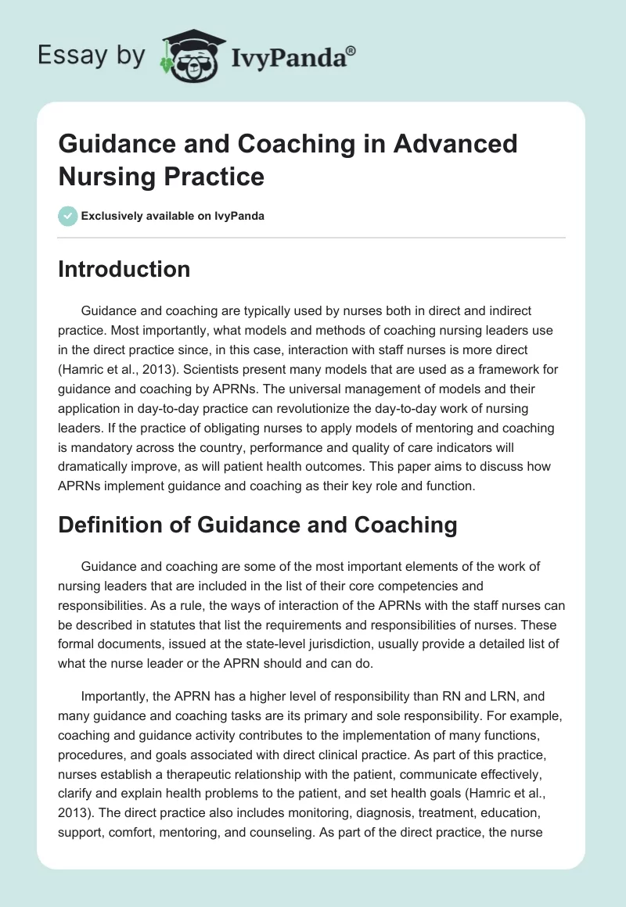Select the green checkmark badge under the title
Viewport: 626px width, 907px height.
pos(67,216)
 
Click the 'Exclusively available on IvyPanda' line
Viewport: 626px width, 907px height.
pos(172,216)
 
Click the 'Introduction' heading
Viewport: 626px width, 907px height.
pos(124,269)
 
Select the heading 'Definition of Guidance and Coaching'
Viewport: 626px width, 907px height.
pos(257,525)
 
